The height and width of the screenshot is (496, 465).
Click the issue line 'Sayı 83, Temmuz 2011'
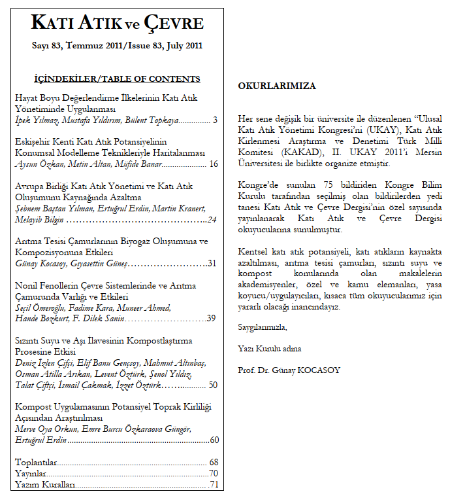click(74, 46)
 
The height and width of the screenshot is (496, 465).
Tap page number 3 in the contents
click(215, 120)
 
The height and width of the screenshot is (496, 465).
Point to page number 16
click(214, 164)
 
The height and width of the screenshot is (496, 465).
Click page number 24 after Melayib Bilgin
click(212, 220)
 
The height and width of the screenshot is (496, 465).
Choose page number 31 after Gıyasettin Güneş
click(212, 263)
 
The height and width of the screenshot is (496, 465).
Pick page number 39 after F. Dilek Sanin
click(212, 319)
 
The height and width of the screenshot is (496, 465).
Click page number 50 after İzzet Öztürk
click(213, 385)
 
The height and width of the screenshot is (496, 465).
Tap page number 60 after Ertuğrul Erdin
click(214, 440)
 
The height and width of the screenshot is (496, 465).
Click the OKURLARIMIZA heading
click(277, 86)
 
